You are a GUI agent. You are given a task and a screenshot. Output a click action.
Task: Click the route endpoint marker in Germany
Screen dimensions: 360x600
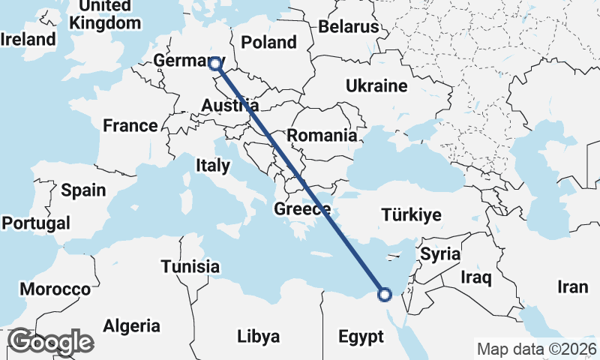[216, 64]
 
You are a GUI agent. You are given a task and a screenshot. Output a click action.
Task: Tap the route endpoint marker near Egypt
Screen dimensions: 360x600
[385, 295]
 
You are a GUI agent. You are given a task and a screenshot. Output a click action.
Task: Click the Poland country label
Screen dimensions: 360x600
[269, 43]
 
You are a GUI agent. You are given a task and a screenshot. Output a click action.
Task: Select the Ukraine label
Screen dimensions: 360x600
[376, 86]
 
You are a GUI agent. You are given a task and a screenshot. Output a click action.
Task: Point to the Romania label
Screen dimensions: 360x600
[322, 136]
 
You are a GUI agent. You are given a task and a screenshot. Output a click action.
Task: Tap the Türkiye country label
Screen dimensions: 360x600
[411, 216]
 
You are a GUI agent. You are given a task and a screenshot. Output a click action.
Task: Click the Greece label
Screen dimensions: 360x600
[303, 209]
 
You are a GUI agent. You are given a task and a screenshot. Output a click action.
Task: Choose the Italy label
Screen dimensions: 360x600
[213, 165]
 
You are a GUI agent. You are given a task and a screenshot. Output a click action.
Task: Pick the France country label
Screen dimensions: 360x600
[130, 125]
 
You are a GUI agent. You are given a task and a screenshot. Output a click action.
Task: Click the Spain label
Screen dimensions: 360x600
[83, 190]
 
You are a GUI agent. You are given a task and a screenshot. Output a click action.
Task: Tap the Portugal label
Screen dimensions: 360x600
[36, 223]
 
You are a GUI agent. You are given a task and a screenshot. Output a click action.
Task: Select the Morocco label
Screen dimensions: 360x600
[55, 289]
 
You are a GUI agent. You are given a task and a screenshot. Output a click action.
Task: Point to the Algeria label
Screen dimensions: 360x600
[131, 326]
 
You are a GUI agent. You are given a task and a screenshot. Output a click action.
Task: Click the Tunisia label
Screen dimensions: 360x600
[190, 267]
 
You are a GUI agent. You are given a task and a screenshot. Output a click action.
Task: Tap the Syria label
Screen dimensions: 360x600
[439, 253]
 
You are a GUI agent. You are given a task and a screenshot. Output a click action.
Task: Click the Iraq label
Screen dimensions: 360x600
[476, 279]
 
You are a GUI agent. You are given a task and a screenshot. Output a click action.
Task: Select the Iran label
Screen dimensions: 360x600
[572, 287]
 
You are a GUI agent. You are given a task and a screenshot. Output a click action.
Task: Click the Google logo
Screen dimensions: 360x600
[50, 342]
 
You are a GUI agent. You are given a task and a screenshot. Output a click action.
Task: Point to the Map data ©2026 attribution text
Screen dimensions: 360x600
[536, 349]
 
